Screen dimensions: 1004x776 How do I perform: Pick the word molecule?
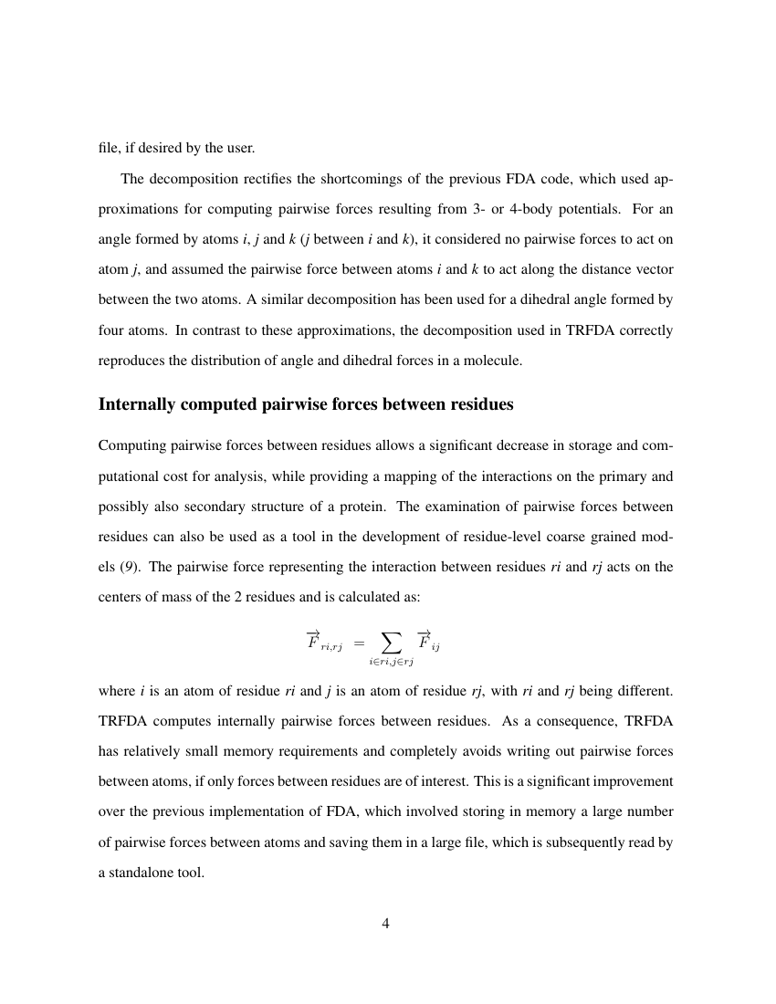[x=495, y=361]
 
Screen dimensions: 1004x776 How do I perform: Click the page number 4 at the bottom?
[x=385, y=925]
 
